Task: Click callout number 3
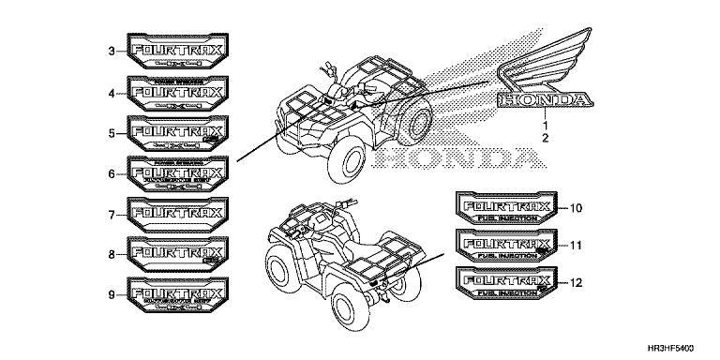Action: pyautogui.click(x=112, y=52)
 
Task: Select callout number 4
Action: pyautogui.click(x=112, y=93)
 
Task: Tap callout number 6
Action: pyautogui.click(x=112, y=173)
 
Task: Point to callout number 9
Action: pyautogui.click(x=112, y=294)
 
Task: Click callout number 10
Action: pyautogui.click(x=577, y=206)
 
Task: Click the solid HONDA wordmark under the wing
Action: pyautogui.click(x=544, y=98)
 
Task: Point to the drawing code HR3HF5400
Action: pyautogui.click(x=674, y=347)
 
